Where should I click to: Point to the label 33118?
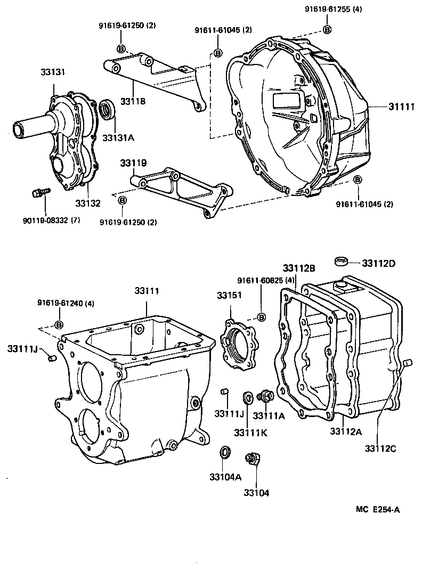point(133,100)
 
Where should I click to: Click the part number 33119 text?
point(132,163)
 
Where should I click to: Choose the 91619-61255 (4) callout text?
point(334,9)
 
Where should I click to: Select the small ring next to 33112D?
point(342,261)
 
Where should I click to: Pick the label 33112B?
point(299,268)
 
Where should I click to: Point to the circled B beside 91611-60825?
point(262,318)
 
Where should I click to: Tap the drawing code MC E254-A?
point(378,509)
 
